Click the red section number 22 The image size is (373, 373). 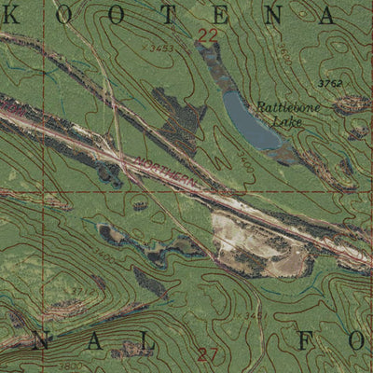[x=207, y=35]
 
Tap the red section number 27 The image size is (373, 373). [x=208, y=352]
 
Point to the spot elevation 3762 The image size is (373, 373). [x=329, y=84]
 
